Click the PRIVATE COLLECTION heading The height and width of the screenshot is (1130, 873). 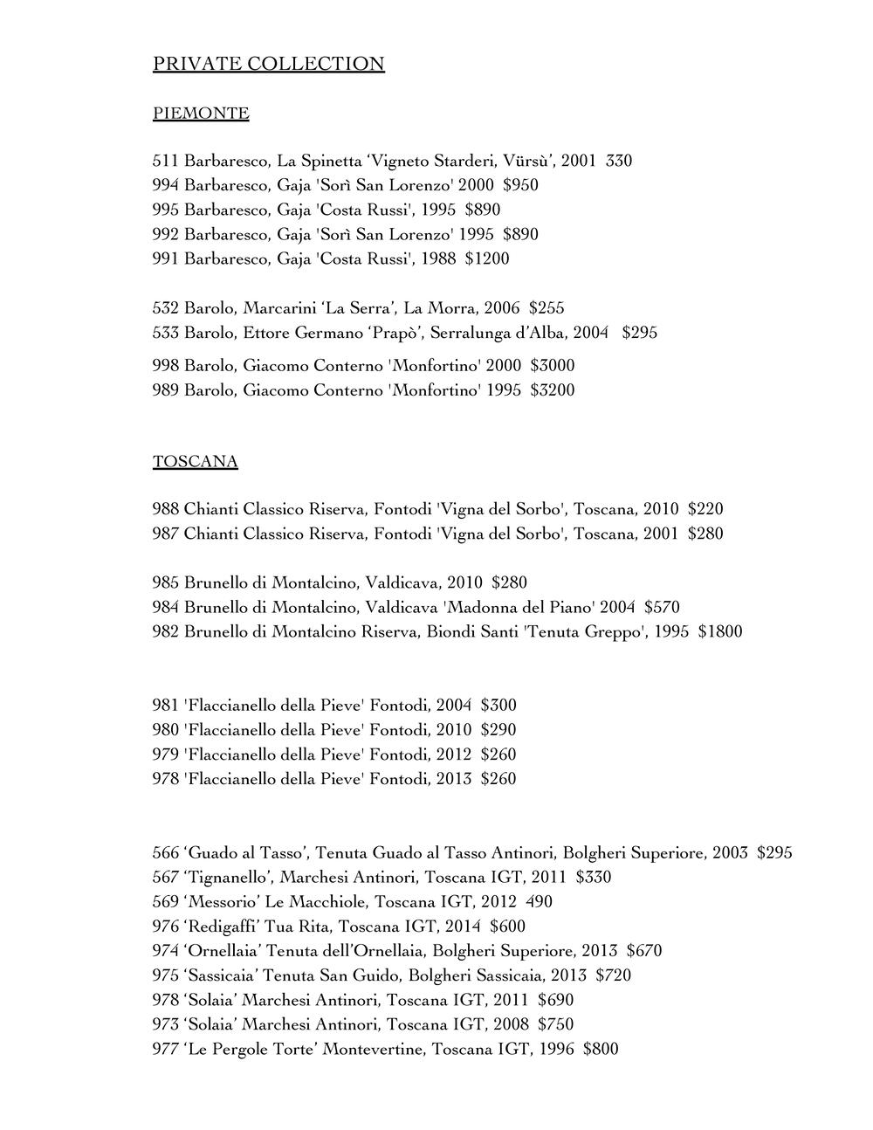click(x=268, y=64)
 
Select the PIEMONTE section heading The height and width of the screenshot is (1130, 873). click(x=201, y=114)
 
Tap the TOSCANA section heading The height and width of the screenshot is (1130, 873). click(x=196, y=462)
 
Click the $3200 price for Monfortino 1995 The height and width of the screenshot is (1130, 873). click(x=553, y=390)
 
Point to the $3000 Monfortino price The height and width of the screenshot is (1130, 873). click(x=553, y=366)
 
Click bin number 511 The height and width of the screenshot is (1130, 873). click(x=166, y=162)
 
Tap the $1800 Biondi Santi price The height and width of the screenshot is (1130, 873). click(x=720, y=632)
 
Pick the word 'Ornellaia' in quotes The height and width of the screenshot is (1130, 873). click(x=223, y=951)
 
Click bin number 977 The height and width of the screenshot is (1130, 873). click(x=166, y=1050)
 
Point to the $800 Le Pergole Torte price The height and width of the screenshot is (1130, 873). click(x=601, y=1050)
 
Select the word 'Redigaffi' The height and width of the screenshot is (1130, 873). click(x=220, y=927)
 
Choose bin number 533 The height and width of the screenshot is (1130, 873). click(x=166, y=334)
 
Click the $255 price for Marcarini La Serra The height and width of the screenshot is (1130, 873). click(x=546, y=308)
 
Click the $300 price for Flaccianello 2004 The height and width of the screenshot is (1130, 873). click(x=498, y=706)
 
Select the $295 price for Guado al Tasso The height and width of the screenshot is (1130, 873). click(x=774, y=853)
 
